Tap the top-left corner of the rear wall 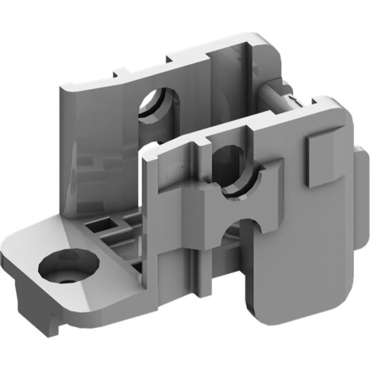(61, 85)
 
